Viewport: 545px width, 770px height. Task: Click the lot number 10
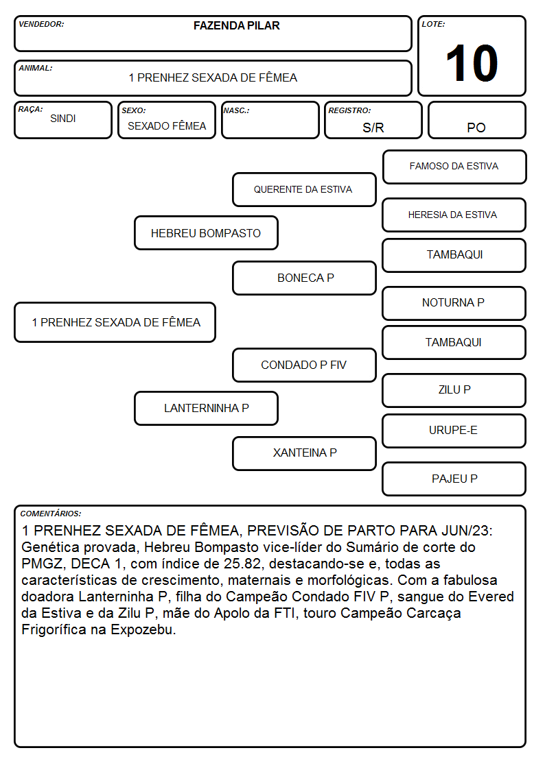click(x=472, y=63)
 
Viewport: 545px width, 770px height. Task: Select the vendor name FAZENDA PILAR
click(x=236, y=25)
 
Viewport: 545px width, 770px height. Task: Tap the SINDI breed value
click(x=63, y=119)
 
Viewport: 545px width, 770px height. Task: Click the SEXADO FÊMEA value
click(x=167, y=125)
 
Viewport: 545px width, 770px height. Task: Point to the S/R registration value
click(x=373, y=128)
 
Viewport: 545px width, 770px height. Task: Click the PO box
click(x=476, y=120)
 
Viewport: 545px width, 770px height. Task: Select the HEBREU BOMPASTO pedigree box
click(x=206, y=232)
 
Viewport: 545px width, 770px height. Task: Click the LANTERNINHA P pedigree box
click(x=206, y=408)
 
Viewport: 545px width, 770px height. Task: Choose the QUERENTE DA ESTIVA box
click(x=304, y=189)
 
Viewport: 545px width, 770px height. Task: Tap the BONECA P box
click(x=304, y=278)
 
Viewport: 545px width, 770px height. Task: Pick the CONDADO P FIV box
click(x=304, y=365)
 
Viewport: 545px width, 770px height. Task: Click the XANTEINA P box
click(x=304, y=453)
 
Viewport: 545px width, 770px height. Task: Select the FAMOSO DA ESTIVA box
click(x=454, y=167)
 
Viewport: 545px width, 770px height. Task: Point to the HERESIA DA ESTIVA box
click(x=454, y=215)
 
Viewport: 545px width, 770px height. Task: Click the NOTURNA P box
click(x=454, y=303)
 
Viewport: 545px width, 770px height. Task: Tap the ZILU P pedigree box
click(x=454, y=390)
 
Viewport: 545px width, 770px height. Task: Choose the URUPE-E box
click(x=454, y=431)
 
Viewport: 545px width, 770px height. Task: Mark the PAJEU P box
click(x=454, y=479)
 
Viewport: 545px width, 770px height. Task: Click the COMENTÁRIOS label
click(x=51, y=514)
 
